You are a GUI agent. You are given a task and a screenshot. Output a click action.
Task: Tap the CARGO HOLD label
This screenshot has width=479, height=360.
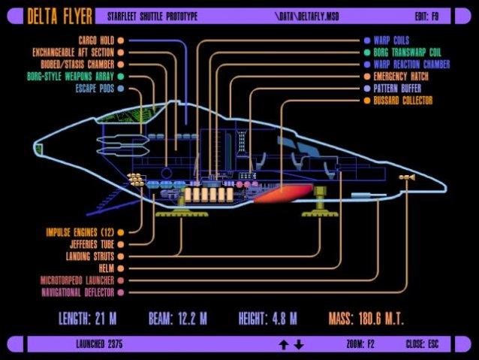(x=96, y=40)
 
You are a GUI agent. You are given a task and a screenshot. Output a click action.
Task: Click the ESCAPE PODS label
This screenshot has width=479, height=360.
(x=95, y=89)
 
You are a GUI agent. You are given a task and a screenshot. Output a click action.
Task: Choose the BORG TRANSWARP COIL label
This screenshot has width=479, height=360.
(x=406, y=52)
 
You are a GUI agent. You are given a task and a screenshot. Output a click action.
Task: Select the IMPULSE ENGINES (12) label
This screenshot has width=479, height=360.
(x=79, y=232)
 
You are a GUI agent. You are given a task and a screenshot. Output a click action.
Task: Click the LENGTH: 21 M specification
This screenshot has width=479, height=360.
(x=87, y=318)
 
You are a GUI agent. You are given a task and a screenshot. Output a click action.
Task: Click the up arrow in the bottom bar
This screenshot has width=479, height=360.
(x=284, y=344)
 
